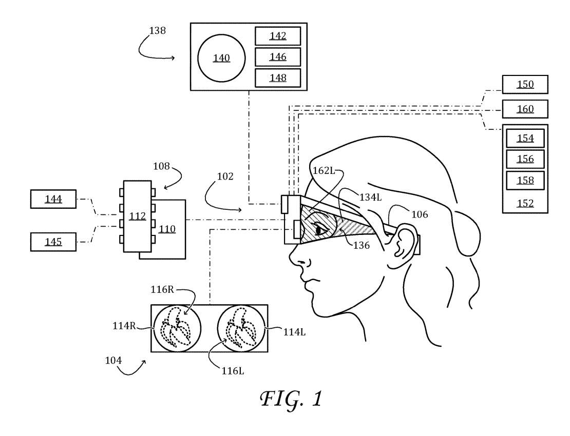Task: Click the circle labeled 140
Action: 221,58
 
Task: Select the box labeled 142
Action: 278,36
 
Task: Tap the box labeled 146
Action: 278,56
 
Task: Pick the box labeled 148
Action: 278,77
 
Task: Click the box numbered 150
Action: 525,84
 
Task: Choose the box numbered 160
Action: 525,109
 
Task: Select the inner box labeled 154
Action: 525,138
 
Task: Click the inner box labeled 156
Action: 525,159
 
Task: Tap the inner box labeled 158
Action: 525,181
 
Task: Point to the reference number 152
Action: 525,203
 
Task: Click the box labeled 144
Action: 53,199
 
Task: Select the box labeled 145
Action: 53,242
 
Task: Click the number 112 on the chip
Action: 137,216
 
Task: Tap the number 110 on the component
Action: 167,229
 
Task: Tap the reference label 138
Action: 157,30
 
